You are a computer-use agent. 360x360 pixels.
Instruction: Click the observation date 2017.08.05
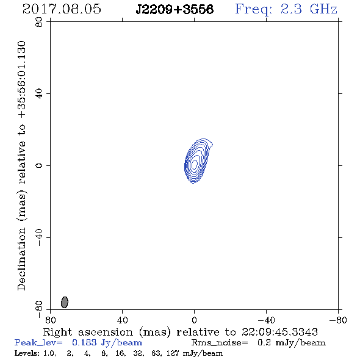pos(62,9)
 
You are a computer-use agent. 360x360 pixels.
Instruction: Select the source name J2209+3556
pos(175,10)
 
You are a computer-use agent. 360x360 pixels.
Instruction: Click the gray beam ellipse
pos(65,302)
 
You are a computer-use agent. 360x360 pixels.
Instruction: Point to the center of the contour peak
pos(195,164)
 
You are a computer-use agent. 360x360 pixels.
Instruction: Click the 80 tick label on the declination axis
pos(39,22)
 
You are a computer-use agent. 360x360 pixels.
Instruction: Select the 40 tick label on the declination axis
pos(39,94)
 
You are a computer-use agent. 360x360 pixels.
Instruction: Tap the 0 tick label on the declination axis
pos(39,165)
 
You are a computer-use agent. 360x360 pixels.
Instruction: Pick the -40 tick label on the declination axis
pos(39,237)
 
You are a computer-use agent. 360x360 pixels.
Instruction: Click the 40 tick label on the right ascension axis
pos(123,320)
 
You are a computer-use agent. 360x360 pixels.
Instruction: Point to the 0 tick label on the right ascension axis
pos(194,320)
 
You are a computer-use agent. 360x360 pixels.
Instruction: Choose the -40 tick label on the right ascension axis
pos(266,320)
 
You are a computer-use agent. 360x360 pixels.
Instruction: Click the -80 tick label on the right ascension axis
pos(338,320)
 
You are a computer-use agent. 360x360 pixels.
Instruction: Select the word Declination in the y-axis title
pos(21,259)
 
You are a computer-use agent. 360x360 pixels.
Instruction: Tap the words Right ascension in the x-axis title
pos(88,332)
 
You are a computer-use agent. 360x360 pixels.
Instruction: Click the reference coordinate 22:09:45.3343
pos(279,332)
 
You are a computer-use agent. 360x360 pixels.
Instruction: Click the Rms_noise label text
pos(220,343)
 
